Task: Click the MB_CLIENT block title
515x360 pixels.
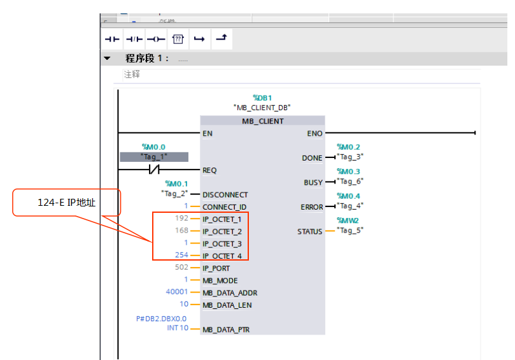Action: [x=262, y=121]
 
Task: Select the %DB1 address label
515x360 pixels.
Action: [x=262, y=98]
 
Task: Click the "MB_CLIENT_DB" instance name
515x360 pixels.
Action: [x=262, y=108]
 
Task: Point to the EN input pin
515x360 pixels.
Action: [x=208, y=134]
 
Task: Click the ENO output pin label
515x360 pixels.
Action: [x=314, y=134]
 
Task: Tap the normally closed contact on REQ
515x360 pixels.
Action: [x=153, y=170]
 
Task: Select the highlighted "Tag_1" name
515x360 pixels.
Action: [x=154, y=157]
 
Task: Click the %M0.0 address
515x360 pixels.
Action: [x=153, y=147]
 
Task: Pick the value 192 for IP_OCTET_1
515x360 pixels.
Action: [x=181, y=219]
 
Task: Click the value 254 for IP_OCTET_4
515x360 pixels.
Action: [x=181, y=256]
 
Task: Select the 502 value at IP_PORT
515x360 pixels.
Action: [x=181, y=268]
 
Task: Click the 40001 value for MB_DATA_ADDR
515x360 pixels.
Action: [x=177, y=292]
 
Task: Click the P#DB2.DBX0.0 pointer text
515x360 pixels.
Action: [x=161, y=319]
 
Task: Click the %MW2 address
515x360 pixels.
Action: [x=348, y=220]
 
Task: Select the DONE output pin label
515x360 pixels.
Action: [x=312, y=158]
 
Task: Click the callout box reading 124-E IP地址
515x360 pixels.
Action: [x=66, y=203]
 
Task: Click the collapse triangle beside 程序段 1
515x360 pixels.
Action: [x=108, y=59]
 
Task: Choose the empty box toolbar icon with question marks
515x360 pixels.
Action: [x=178, y=39]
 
